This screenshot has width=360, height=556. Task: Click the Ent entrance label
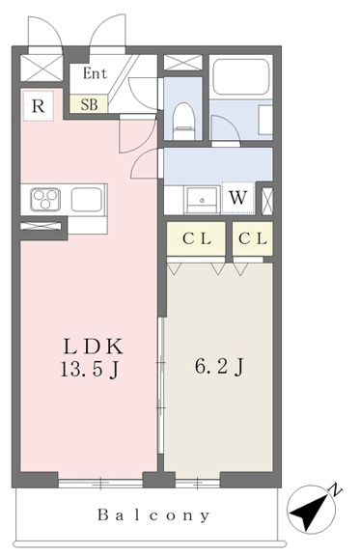pos(95,73)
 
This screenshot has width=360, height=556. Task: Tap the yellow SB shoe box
pos(89,104)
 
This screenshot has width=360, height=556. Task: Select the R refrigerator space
pos(39,105)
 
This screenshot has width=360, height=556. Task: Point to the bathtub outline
pos(241,77)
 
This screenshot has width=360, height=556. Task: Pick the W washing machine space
pos(237,198)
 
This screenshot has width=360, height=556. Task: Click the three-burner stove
pos(45,199)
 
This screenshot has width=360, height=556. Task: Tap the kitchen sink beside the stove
pos(87,200)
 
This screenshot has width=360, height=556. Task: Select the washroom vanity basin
pos(202,200)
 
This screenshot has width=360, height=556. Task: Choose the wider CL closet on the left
pos(196,238)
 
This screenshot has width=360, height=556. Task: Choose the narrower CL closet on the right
pos(253,238)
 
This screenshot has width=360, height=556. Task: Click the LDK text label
pos(94,347)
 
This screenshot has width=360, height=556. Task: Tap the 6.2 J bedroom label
pos(219,367)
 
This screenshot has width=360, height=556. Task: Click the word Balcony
pos(153,515)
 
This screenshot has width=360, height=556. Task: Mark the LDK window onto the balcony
pos(100,483)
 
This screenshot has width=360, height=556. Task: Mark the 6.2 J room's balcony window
pos(198,483)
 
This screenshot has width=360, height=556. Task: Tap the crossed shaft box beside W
pos(267,202)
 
